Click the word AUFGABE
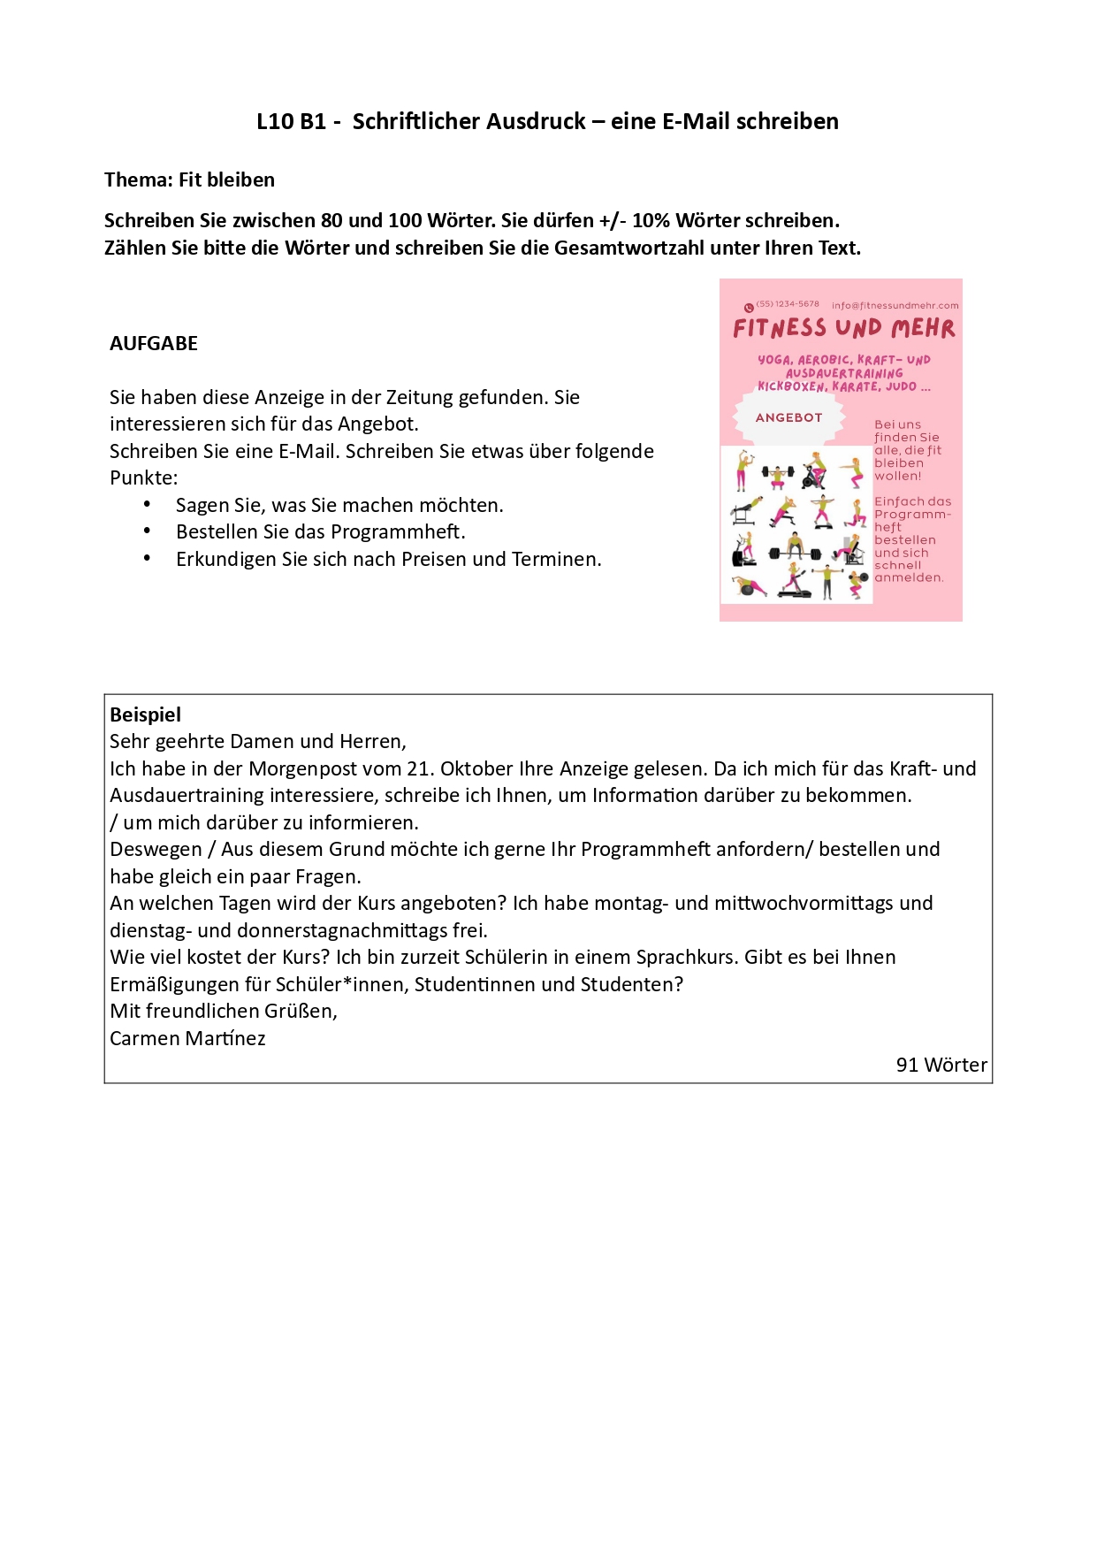pos(154,343)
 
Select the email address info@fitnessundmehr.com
pos(895,306)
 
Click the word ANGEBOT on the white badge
pos(788,417)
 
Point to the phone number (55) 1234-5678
pos(788,304)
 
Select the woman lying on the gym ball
pos(748,585)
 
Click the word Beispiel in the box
pos(145,714)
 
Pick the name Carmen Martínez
pos(187,1038)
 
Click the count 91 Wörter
pos(941,1065)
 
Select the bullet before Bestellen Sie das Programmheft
pos(148,531)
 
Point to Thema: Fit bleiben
pos(189,180)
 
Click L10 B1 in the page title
pos(292,121)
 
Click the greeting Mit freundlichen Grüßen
pos(224,1011)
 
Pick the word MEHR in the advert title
pos(923,329)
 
